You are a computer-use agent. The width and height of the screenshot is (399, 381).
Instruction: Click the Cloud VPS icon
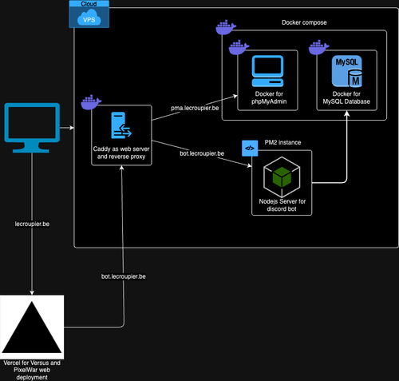(89, 14)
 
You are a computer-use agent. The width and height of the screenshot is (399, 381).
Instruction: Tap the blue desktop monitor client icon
(32, 128)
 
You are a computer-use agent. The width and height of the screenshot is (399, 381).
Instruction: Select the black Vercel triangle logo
(32, 327)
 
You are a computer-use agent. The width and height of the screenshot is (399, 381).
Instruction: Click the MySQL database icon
(346, 71)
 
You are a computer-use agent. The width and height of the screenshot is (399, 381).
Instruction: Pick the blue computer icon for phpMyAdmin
(267, 71)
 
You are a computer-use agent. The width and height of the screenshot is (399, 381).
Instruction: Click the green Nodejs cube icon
(282, 177)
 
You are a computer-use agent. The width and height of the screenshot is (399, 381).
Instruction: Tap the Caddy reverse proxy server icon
(121, 125)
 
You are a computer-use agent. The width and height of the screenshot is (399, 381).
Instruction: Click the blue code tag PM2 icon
(250, 149)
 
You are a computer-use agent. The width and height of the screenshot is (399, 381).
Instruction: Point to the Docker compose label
(304, 22)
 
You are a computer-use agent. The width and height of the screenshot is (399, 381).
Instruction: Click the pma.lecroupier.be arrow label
(195, 108)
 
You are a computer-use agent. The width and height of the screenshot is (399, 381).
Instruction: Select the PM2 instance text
(282, 142)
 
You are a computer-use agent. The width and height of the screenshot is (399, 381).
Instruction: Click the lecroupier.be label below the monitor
(32, 224)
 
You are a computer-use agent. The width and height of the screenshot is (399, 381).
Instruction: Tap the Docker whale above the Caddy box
(91, 102)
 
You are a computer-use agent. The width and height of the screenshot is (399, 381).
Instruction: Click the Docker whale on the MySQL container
(318, 47)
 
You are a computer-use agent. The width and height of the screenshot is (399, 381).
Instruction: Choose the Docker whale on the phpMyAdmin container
(239, 47)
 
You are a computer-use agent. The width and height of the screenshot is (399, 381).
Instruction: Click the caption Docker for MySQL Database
(346, 97)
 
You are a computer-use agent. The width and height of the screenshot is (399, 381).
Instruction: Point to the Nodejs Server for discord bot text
(282, 205)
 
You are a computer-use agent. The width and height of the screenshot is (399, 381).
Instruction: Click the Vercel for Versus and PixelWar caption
(32, 370)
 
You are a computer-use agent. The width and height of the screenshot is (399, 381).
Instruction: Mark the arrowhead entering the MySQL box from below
(346, 113)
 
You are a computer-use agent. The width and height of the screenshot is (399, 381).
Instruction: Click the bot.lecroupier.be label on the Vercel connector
(124, 276)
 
